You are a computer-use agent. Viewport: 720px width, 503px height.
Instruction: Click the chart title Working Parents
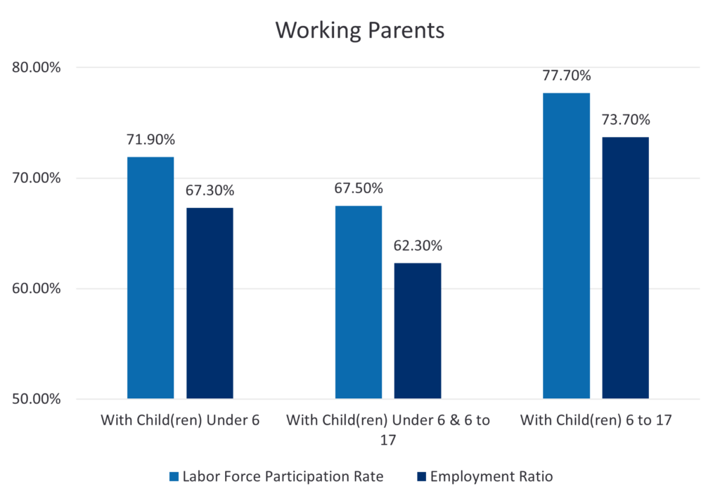tap(359, 31)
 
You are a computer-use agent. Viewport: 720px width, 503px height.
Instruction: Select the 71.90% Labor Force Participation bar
tap(150, 277)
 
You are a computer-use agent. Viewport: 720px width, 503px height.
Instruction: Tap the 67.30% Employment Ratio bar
tap(210, 303)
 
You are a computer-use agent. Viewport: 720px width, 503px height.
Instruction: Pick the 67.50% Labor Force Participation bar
tap(359, 302)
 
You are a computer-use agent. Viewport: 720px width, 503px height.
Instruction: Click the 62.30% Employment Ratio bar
tap(418, 331)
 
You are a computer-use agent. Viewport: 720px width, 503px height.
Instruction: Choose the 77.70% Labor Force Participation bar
tap(567, 246)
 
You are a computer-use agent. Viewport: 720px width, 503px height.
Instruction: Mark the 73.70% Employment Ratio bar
tap(626, 268)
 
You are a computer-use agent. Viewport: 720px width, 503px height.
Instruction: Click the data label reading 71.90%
tap(151, 140)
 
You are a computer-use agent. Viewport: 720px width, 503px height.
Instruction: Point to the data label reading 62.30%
tap(418, 246)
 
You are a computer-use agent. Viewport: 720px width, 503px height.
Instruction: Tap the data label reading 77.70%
tap(567, 76)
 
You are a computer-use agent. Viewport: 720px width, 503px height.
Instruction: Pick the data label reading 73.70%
tap(626, 119)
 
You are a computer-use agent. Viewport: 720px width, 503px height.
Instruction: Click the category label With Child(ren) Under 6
tap(180, 421)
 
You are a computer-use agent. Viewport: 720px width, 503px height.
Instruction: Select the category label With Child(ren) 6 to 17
tap(596, 421)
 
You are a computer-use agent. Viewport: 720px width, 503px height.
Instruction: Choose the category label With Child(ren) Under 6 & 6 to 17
tap(388, 429)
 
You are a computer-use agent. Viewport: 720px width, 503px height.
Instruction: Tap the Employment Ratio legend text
tap(491, 477)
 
